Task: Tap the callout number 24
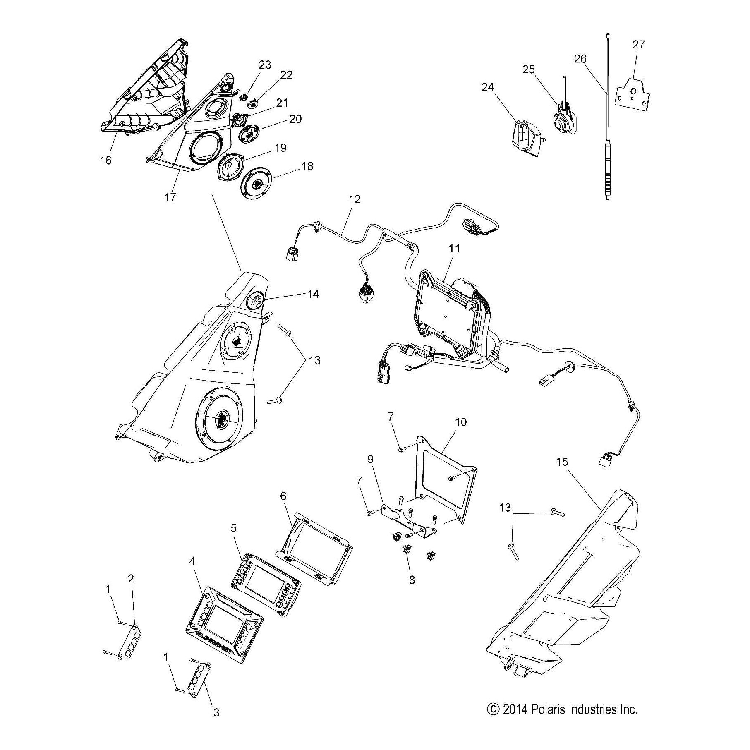(x=488, y=88)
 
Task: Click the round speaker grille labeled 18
(x=259, y=184)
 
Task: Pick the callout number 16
(x=106, y=160)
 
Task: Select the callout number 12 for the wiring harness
(x=355, y=199)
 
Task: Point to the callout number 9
(x=370, y=459)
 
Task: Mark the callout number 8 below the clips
(x=411, y=580)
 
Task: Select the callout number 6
(x=283, y=496)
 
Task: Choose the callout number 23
(x=265, y=65)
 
